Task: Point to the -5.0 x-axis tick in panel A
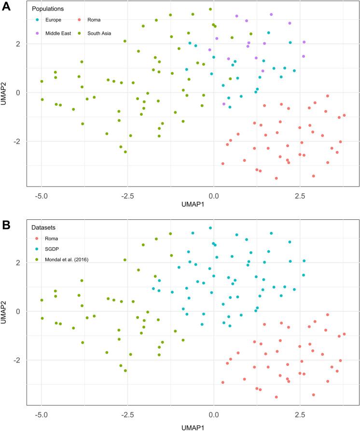point(42,197)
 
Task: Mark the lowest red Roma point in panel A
point(276,178)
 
